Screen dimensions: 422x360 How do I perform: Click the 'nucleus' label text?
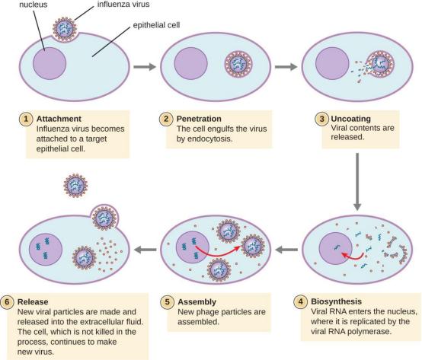[x=33, y=5]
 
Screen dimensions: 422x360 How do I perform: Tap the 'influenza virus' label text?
[x=123, y=5]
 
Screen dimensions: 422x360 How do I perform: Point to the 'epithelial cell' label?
[x=156, y=25]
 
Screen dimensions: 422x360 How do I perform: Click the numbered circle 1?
[x=26, y=119]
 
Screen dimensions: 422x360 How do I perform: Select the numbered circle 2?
[x=166, y=119]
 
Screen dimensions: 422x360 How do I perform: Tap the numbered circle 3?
[x=322, y=119]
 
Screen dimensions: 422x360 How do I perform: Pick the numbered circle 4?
[x=301, y=301]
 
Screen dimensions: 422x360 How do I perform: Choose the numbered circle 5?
[x=167, y=301]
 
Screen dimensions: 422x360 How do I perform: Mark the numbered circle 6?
[x=7, y=301]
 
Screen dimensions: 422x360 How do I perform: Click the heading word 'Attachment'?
[x=59, y=119]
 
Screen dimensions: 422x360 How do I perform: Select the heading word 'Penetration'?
[x=199, y=119]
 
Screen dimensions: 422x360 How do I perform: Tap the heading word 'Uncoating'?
[x=350, y=119]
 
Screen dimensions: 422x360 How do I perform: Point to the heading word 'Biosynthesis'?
[x=336, y=301]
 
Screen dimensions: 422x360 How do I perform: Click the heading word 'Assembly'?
[x=197, y=302]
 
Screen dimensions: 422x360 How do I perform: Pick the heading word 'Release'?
[x=33, y=301]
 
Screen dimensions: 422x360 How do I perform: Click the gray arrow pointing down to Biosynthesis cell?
[x=357, y=182]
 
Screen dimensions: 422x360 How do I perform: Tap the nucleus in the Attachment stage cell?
[x=50, y=63]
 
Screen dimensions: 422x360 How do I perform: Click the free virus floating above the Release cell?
[x=75, y=186]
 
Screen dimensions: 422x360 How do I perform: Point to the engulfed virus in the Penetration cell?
[x=238, y=64]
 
